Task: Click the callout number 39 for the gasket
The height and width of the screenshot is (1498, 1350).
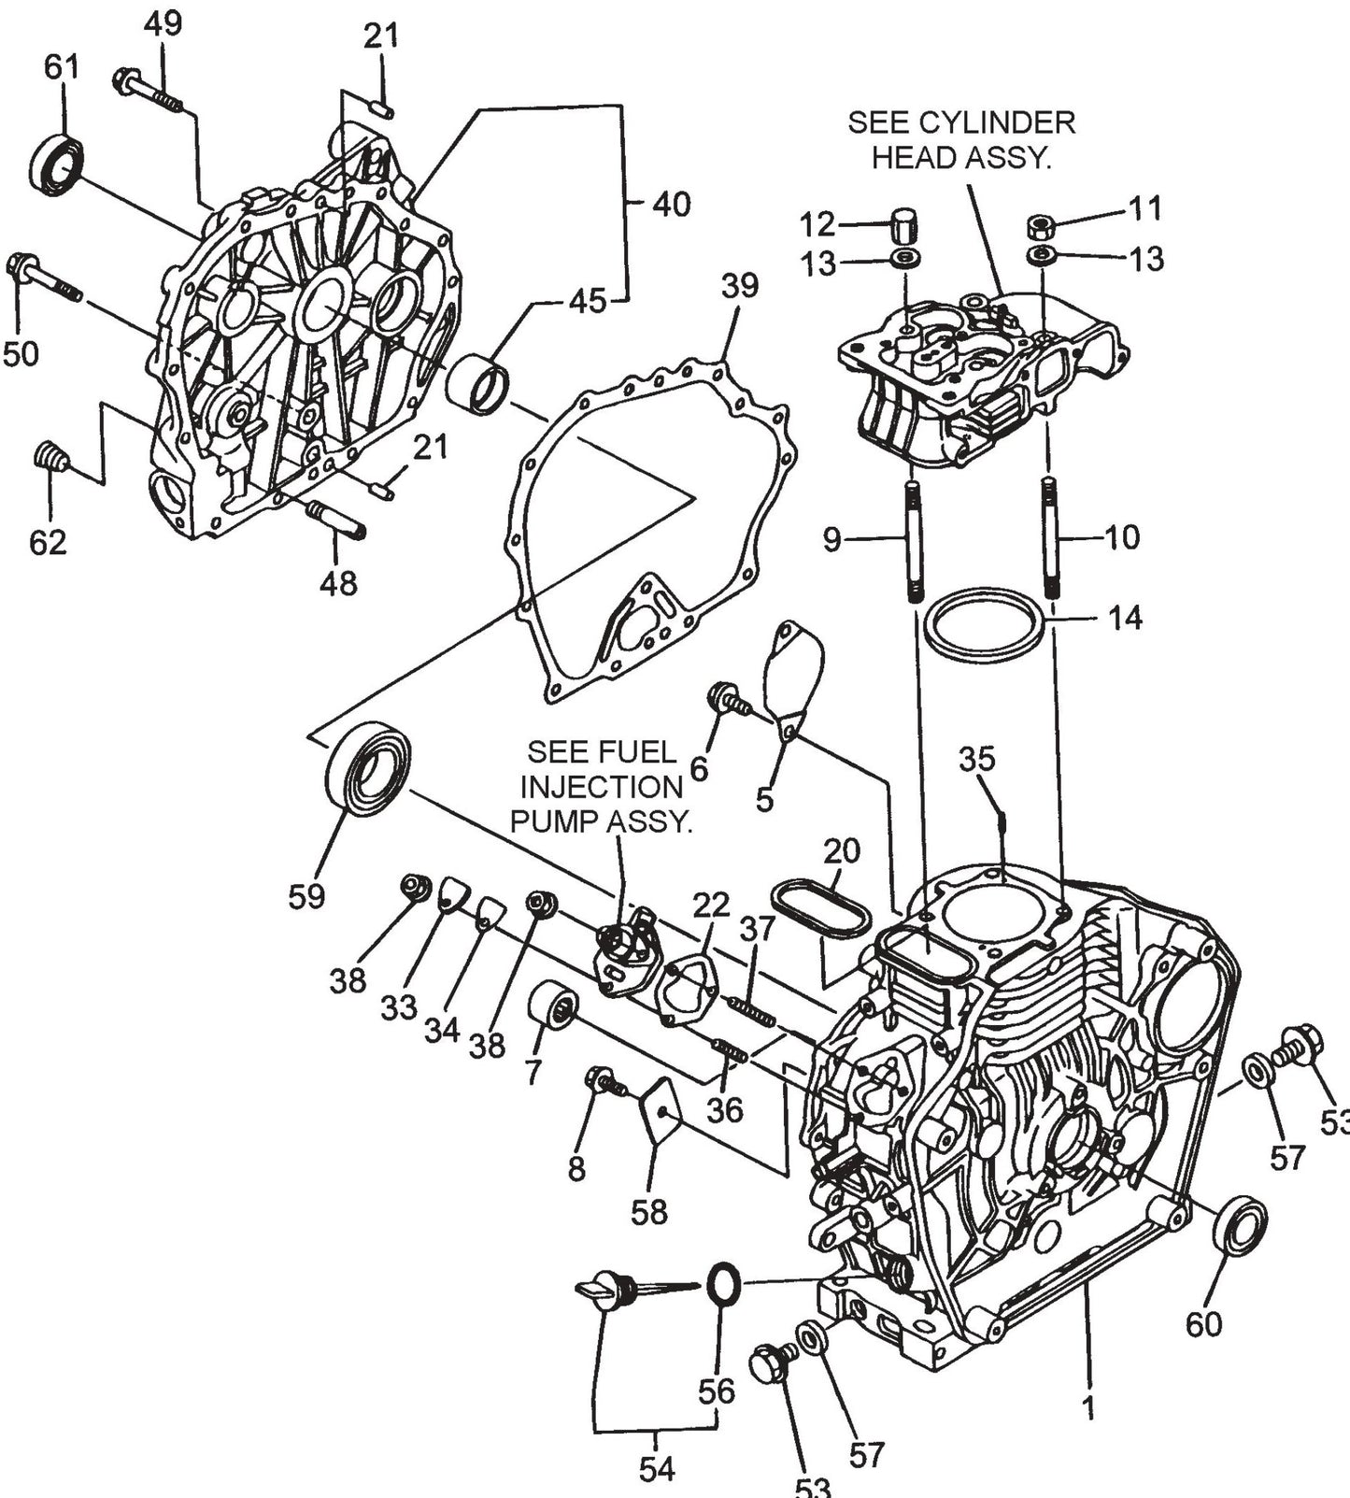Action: (739, 286)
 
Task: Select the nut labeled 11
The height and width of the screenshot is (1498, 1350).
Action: (1041, 225)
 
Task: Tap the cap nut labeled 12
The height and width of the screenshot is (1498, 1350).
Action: (902, 225)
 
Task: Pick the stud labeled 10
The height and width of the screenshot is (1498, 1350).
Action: (1051, 537)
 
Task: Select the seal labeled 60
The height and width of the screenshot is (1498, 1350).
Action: (1239, 1225)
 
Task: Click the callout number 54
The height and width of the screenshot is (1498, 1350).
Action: (656, 1468)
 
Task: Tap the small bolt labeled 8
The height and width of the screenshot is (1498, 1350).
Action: (604, 1083)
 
